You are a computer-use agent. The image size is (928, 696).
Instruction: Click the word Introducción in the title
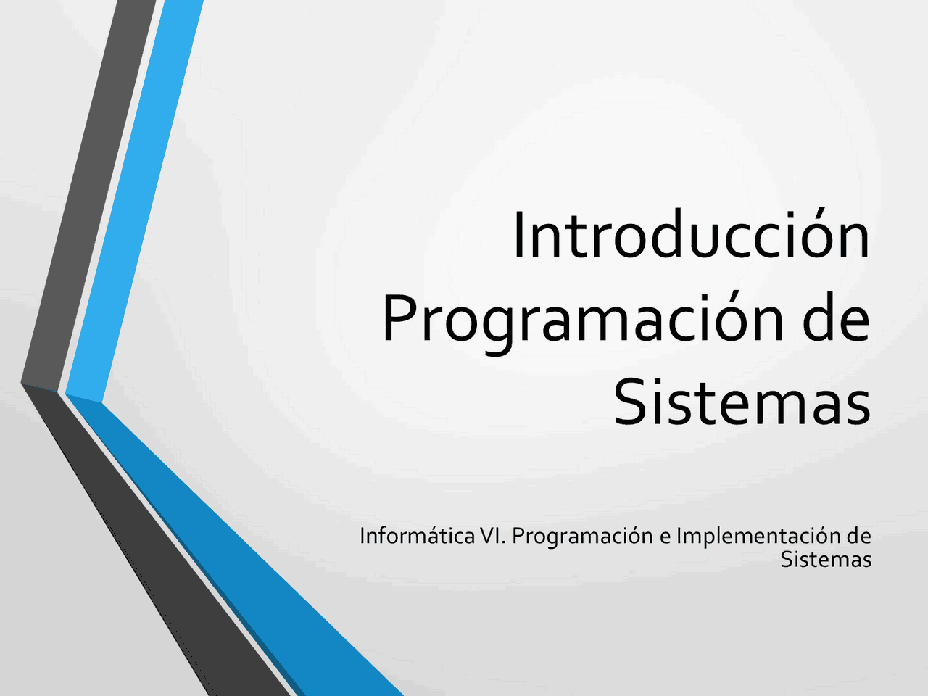[x=690, y=236]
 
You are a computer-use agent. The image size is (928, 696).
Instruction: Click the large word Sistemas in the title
[x=741, y=402]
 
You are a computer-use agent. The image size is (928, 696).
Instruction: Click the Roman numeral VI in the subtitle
[x=494, y=536]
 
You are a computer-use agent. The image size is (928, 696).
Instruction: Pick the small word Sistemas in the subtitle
[x=826, y=560]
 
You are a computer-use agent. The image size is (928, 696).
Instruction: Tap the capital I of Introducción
[x=518, y=236]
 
